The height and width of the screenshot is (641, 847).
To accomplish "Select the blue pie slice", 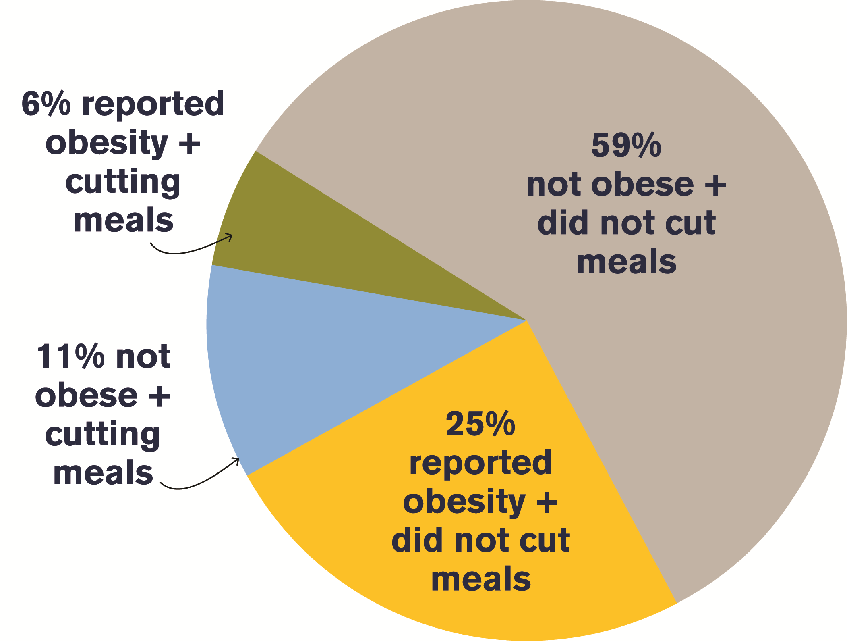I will coord(322,363).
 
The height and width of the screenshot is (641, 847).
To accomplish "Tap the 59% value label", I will coord(626,146).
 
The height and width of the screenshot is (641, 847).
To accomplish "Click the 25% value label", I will coord(480,424).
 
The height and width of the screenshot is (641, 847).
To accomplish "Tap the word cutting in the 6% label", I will coord(123,183).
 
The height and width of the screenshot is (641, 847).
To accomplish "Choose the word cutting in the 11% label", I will coord(103,435).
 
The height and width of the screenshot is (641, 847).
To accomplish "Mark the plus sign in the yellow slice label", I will coord(547,503).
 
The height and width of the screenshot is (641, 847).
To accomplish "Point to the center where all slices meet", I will coord(526,320).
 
